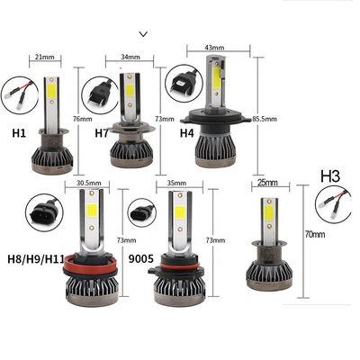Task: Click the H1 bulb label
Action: [x=19, y=133]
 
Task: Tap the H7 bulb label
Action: [x=102, y=133]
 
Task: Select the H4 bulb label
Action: [x=187, y=133]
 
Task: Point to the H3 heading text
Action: [x=330, y=176]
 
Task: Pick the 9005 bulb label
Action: [x=140, y=258]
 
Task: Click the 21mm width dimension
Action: [x=45, y=57]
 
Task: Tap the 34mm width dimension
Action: [x=130, y=57]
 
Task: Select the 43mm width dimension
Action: [x=214, y=48]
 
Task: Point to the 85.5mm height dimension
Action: [x=265, y=119]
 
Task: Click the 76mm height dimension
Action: [x=83, y=119]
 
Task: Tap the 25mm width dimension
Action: [x=268, y=183]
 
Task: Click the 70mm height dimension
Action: [x=315, y=234]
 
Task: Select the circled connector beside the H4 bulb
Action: [x=183, y=83]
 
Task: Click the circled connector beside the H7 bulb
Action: [x=101, y=93]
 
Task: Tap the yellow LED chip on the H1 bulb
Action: [x=52, y=91]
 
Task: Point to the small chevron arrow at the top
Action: [x=144, y=34]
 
